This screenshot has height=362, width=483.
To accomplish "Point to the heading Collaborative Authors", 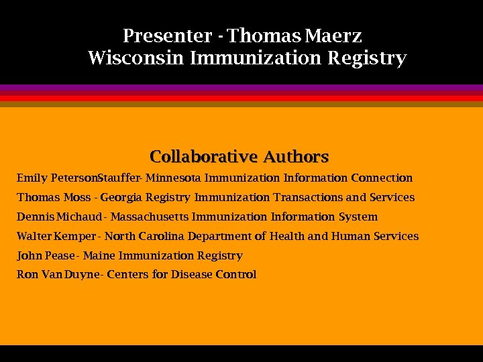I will click(239, 157).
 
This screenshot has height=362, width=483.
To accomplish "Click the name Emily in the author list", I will click(32, 178).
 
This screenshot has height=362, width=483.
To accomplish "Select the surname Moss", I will click(76, 198).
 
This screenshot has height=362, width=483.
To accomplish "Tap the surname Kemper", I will click(74, 237).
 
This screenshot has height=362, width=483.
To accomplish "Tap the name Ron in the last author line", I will click(27, 275).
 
